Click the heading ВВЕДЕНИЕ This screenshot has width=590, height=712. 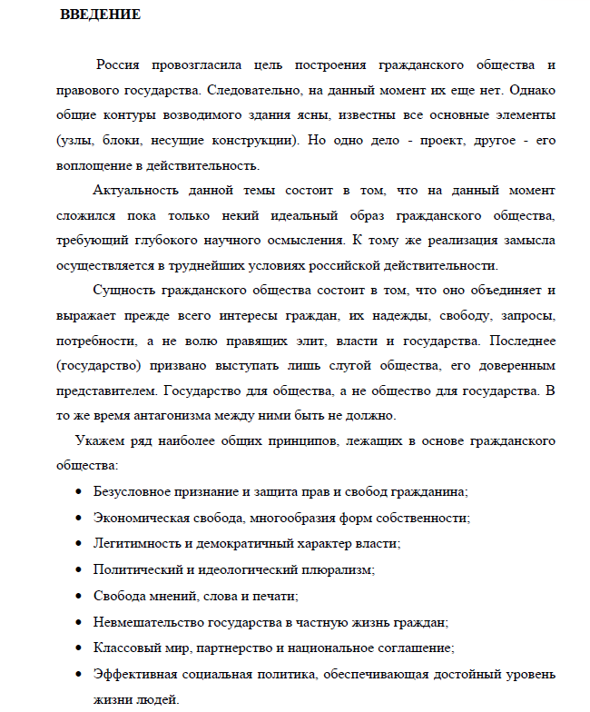tap(101, 16)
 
